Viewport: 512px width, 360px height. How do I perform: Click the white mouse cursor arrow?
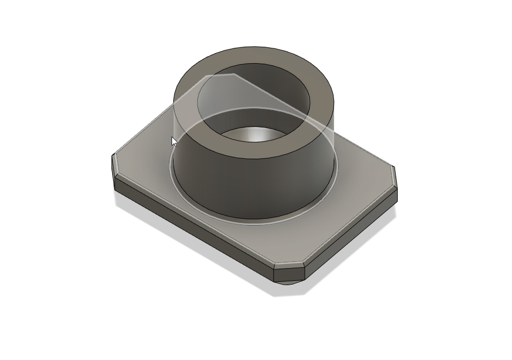point(174,141)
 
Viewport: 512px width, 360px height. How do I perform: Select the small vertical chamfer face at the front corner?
point(289,274)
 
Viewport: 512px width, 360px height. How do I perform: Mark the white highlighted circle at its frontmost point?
point(254,224)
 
